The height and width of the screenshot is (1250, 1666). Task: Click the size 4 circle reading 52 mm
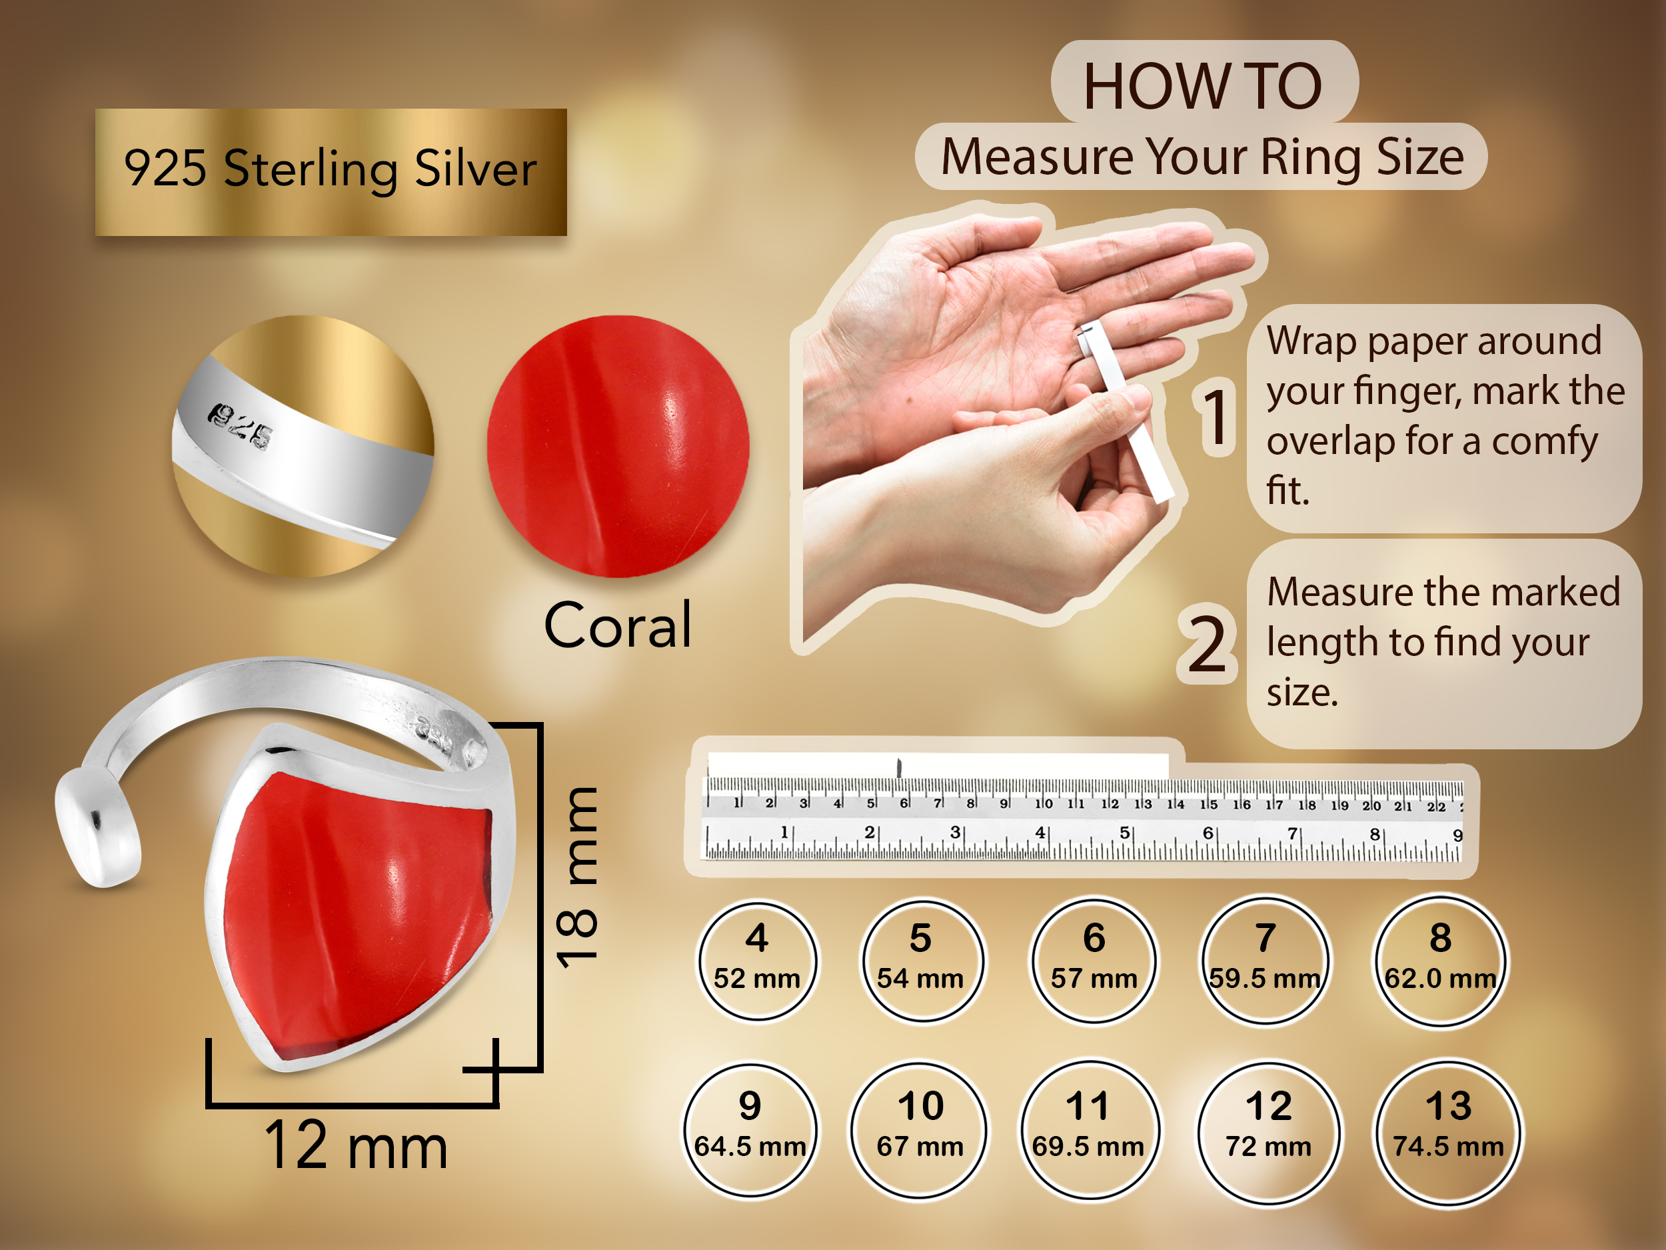click(x=757, y=961)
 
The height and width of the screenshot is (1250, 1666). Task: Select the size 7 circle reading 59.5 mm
click(x=1265, y=961)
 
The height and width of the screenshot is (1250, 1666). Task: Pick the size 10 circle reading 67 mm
click(x=920, y=1130)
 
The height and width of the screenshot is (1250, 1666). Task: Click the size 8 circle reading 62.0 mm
click(x=1440, y=961)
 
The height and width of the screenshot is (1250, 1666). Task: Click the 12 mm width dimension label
click(x=357, y=1145)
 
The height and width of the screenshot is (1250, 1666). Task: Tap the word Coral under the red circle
click(x=618, y=625)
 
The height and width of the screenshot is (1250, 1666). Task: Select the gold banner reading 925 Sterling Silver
click(x=331, y=173)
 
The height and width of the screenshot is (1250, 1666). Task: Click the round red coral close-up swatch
click(x=618, y=447)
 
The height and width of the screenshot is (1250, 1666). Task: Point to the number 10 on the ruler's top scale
click(x=1044, y=803)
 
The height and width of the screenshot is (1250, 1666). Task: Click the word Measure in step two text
click(x=1342, y=592)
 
